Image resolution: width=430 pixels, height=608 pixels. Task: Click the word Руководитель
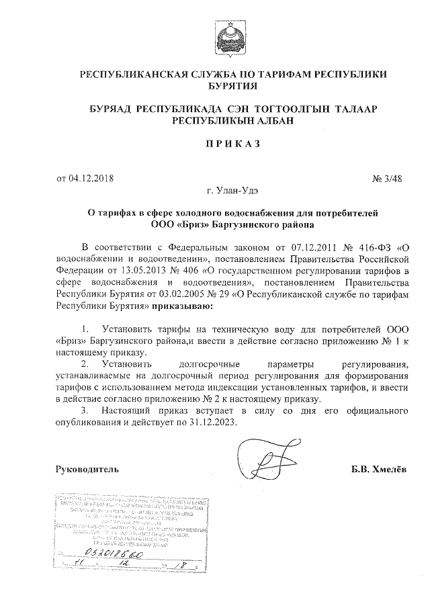pos(87,468)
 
